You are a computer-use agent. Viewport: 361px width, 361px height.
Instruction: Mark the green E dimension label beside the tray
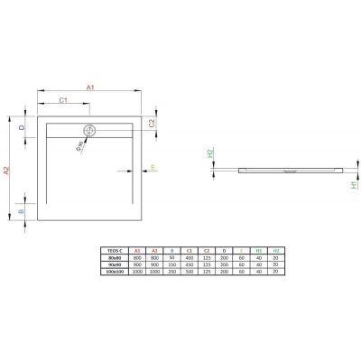click(153, 168)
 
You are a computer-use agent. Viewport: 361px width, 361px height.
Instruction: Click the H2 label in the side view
click(210, 153)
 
